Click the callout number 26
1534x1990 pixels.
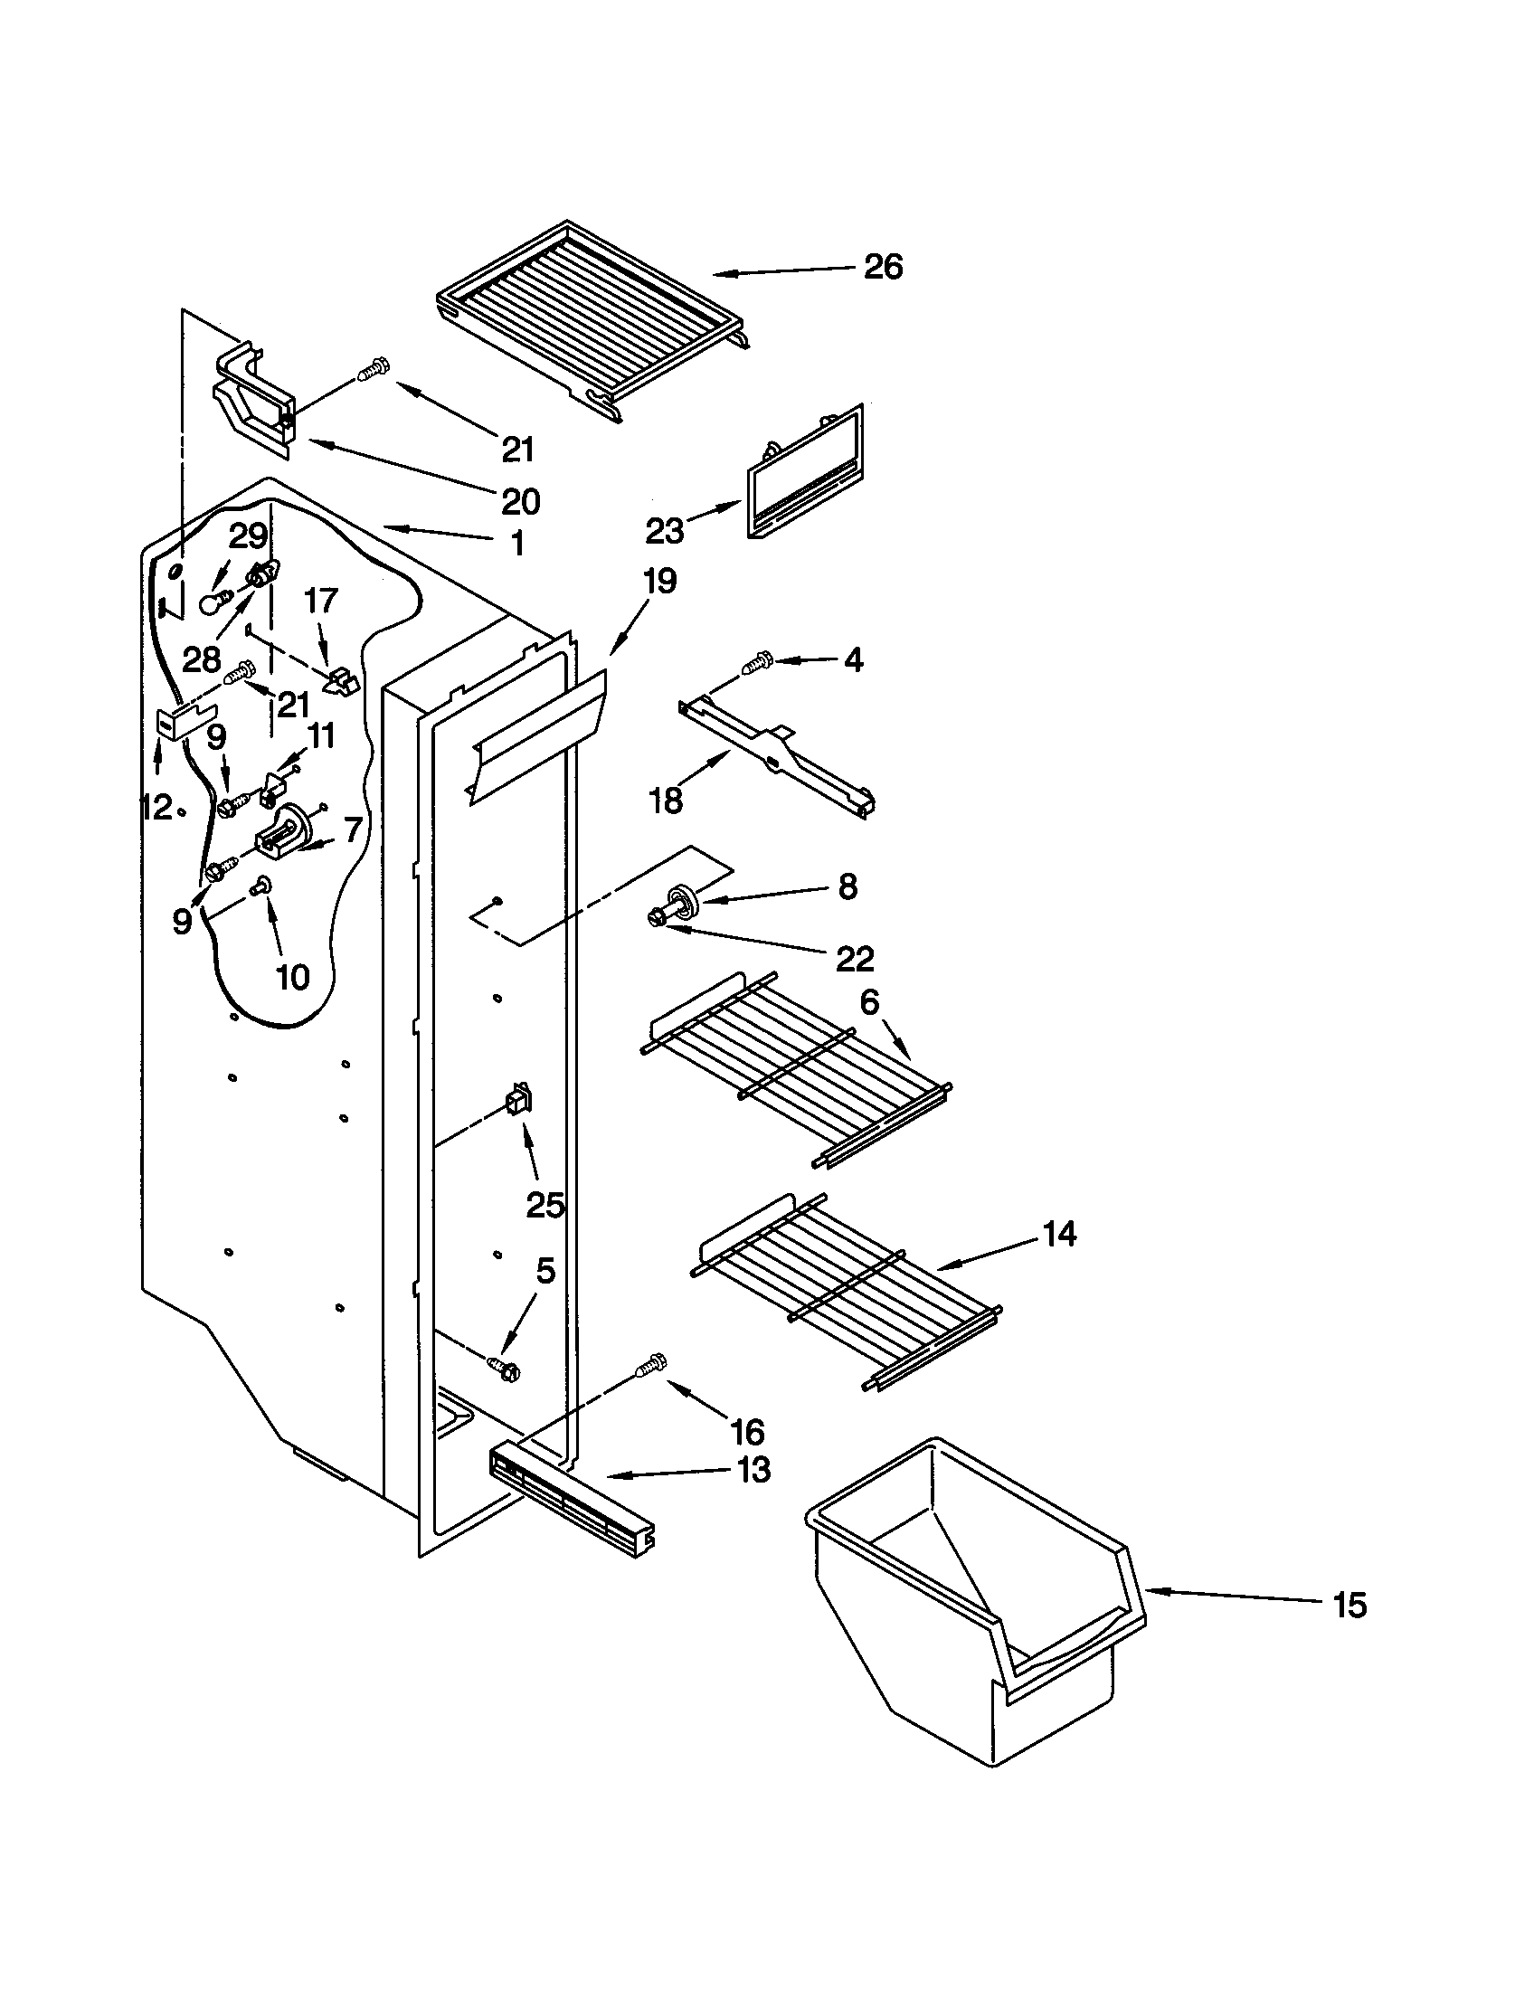click(882, 267)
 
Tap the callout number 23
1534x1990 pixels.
click(664, 529)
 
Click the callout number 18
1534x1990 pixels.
click(666, 800)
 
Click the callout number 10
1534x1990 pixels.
click(292, 977)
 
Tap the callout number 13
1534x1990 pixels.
click(754, 1470)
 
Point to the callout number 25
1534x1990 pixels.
click(545, 1205)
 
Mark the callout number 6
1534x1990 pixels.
click(869, 1002)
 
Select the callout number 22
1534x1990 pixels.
click(854, 958)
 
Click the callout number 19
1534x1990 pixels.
click(659, 581)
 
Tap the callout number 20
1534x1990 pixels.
click(520, 500)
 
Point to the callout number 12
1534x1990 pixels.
click(156, 805)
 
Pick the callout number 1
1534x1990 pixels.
click(516, 544)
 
